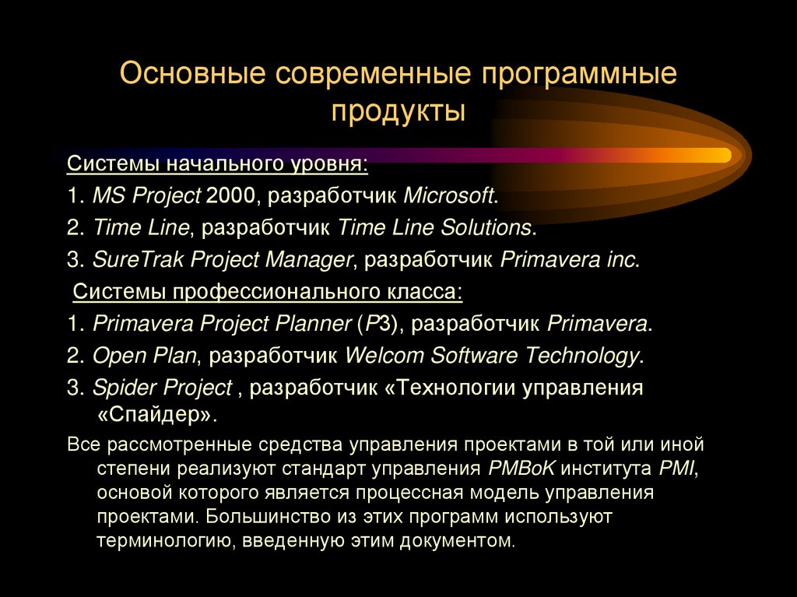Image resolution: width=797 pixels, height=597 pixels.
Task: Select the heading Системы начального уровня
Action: coord(217,165)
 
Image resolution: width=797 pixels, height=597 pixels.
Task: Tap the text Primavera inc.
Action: coord(569,259)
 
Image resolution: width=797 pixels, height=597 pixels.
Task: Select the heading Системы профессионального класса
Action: coord(268,292)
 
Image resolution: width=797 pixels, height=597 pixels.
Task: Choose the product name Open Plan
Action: coord(144,356)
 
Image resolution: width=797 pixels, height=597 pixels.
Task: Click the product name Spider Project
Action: coord(162,388)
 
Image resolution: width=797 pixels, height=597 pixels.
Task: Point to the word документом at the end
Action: coord(462,539)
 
